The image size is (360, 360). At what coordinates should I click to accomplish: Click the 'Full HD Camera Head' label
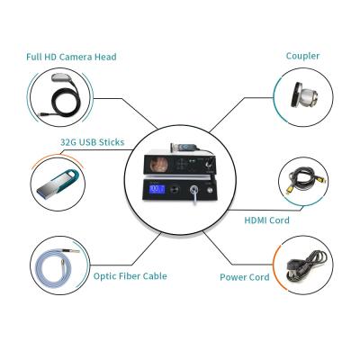tap(71, 57)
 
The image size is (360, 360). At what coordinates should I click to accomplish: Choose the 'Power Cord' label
tap(245, 276)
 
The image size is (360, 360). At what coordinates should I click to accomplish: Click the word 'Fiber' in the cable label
tap(132, 276)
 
